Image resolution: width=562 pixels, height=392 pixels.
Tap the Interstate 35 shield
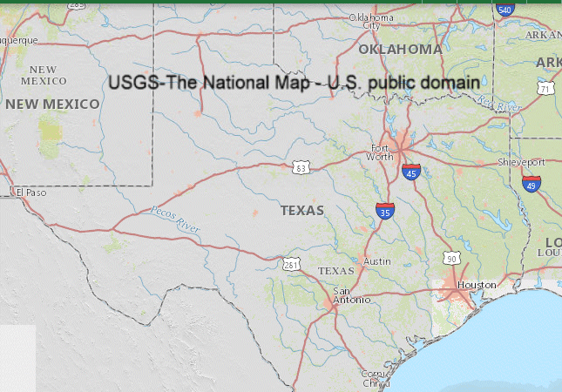tap(383, 210)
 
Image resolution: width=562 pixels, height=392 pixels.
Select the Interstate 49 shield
tap(532, 183)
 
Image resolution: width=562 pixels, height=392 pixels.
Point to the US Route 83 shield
tap(301, 166)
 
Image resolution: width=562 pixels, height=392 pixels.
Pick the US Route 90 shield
tap(450, 259)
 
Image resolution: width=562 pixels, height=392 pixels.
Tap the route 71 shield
tap(545, 89)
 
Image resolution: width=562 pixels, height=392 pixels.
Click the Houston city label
tap(476, 285)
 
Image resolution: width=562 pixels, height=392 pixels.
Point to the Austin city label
tap(376, 261)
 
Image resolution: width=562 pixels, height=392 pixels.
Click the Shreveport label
tap(521, 162)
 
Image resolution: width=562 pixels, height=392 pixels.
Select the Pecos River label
tap(174, 218)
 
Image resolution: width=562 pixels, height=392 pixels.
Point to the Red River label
tap(498, 105)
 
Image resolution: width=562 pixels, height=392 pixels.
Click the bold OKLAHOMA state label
tap(400, 50)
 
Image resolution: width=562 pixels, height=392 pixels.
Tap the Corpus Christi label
tap(376, 378)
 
